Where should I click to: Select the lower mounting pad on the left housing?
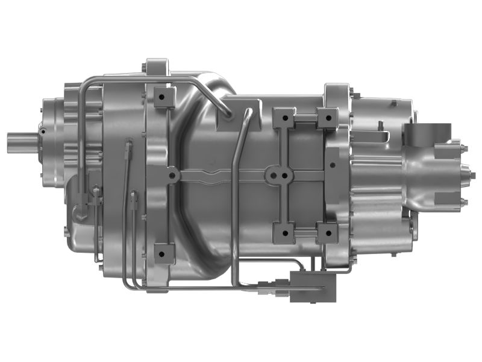(x=163, y=253)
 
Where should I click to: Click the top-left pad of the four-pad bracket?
(x=284, y=118)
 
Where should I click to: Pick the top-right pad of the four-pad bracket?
(x=327, y=118)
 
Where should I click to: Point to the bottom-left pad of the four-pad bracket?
(x=284, y=232)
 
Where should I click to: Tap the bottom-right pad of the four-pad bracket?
(x=327, y=232)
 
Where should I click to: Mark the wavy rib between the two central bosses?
(x=223, y=177)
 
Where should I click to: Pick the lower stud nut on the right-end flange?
(x=463, y=203)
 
